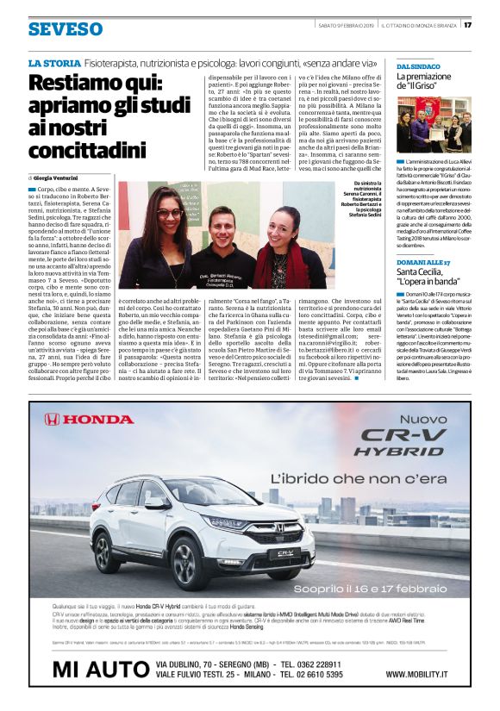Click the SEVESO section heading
coord(64,29)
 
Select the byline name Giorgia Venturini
coord(61,177)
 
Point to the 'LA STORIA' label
coord(53,64)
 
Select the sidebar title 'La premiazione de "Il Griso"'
coord(427,82)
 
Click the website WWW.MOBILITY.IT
coord(427,674)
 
